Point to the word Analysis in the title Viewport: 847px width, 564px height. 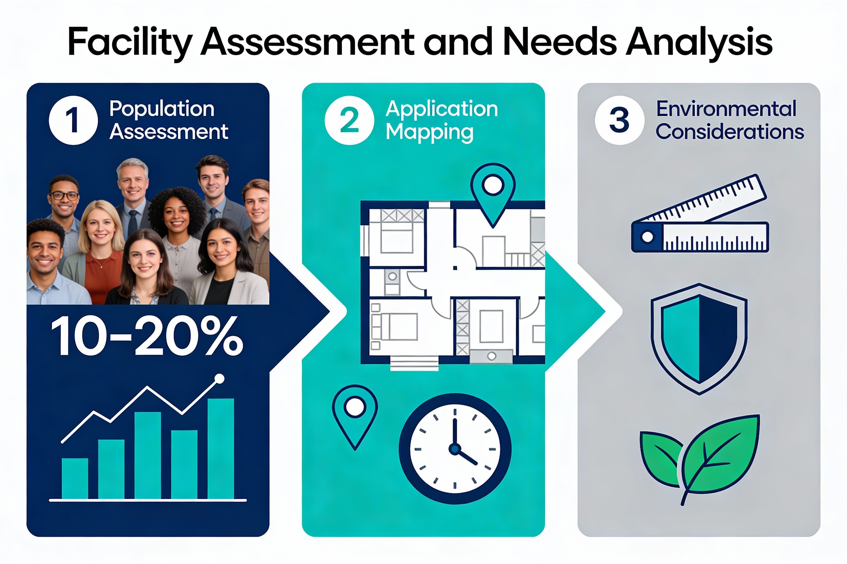tap(699, 42)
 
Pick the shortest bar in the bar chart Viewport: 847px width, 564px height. tap(75, 478)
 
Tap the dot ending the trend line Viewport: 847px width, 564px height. tap(219, 378)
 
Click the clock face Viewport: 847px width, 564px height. tap(455, 448)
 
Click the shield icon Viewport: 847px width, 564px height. tap(699, 338)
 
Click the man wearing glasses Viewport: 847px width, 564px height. tap(64, 196)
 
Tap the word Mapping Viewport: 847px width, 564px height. tap(429, 132)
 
